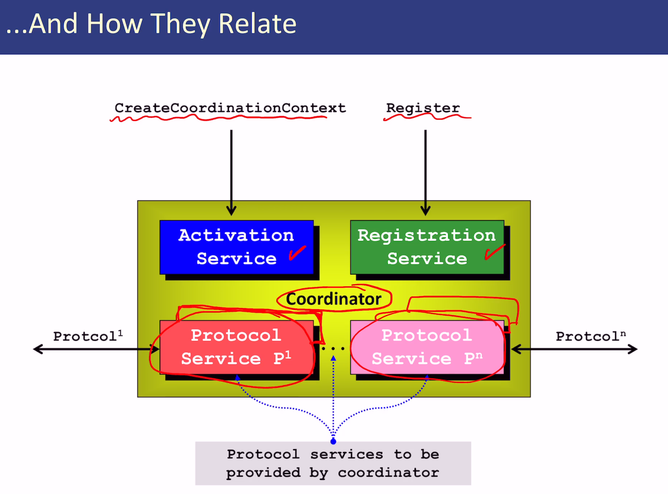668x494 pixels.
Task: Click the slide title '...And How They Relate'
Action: (x=151, y=24)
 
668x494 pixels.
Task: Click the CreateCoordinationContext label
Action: (x=230, y=108)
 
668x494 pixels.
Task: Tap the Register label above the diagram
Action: (x=423, y=108)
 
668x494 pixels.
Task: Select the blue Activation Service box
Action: (x=236, y=247)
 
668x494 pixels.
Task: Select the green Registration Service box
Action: (x=427, y=247)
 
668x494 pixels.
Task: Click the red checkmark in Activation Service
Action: (x=297, y=253)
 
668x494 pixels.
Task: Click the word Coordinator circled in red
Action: (x=334, y=299)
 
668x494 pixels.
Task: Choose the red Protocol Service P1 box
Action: (x=236, y=347)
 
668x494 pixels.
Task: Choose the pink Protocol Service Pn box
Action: (x=427, y=347)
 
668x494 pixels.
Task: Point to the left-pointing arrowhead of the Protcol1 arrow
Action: (x=38, y=349)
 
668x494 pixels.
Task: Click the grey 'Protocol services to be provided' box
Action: (x=333, y=463)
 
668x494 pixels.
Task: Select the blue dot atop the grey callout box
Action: (x=333, y=441)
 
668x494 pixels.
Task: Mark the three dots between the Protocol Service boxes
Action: (x=333, y=348)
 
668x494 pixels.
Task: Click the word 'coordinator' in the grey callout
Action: (x=388, y=473)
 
